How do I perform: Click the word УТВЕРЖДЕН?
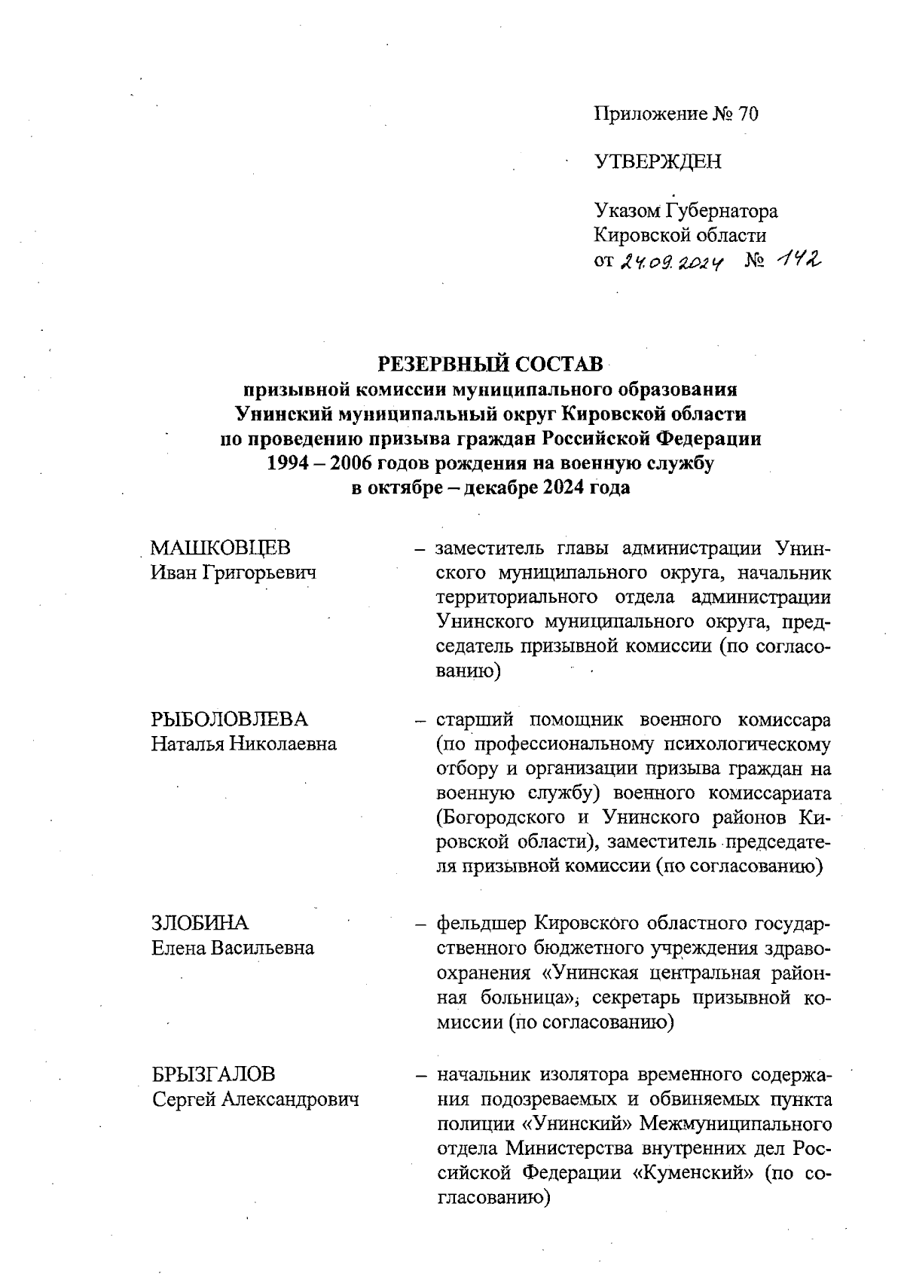pos(658,162)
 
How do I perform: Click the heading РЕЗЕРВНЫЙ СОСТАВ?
pos(490,365)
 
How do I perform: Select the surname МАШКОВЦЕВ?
pos(221,548)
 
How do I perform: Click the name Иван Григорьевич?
pos(234,573)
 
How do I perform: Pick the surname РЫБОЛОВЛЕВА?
pos(230,719)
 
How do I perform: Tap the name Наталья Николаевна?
pos(243,744)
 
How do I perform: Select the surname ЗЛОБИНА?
pos(200,923)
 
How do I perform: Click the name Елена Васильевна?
pos(233,948)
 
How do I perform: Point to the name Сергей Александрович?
pos(255,1099)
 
